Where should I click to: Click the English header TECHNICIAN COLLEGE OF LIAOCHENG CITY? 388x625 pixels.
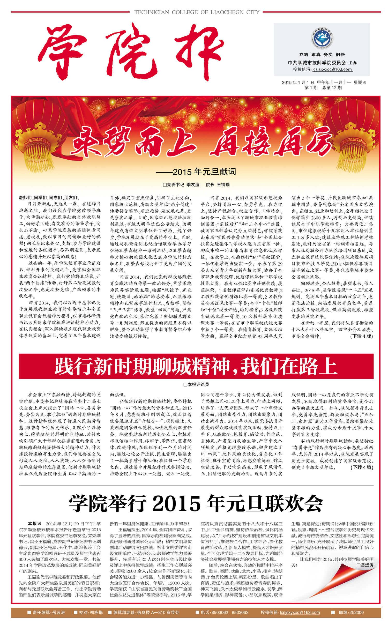click(x=197, y=12)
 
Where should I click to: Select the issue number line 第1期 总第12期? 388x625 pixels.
click(x=323, y=88)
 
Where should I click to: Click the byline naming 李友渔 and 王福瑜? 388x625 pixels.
click(x=196, y=184)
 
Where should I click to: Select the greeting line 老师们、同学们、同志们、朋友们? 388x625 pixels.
click(x=49, y=198)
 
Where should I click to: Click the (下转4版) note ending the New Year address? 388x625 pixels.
click(x=361, y=336)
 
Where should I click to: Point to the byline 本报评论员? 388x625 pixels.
click(x=196, y=384)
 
